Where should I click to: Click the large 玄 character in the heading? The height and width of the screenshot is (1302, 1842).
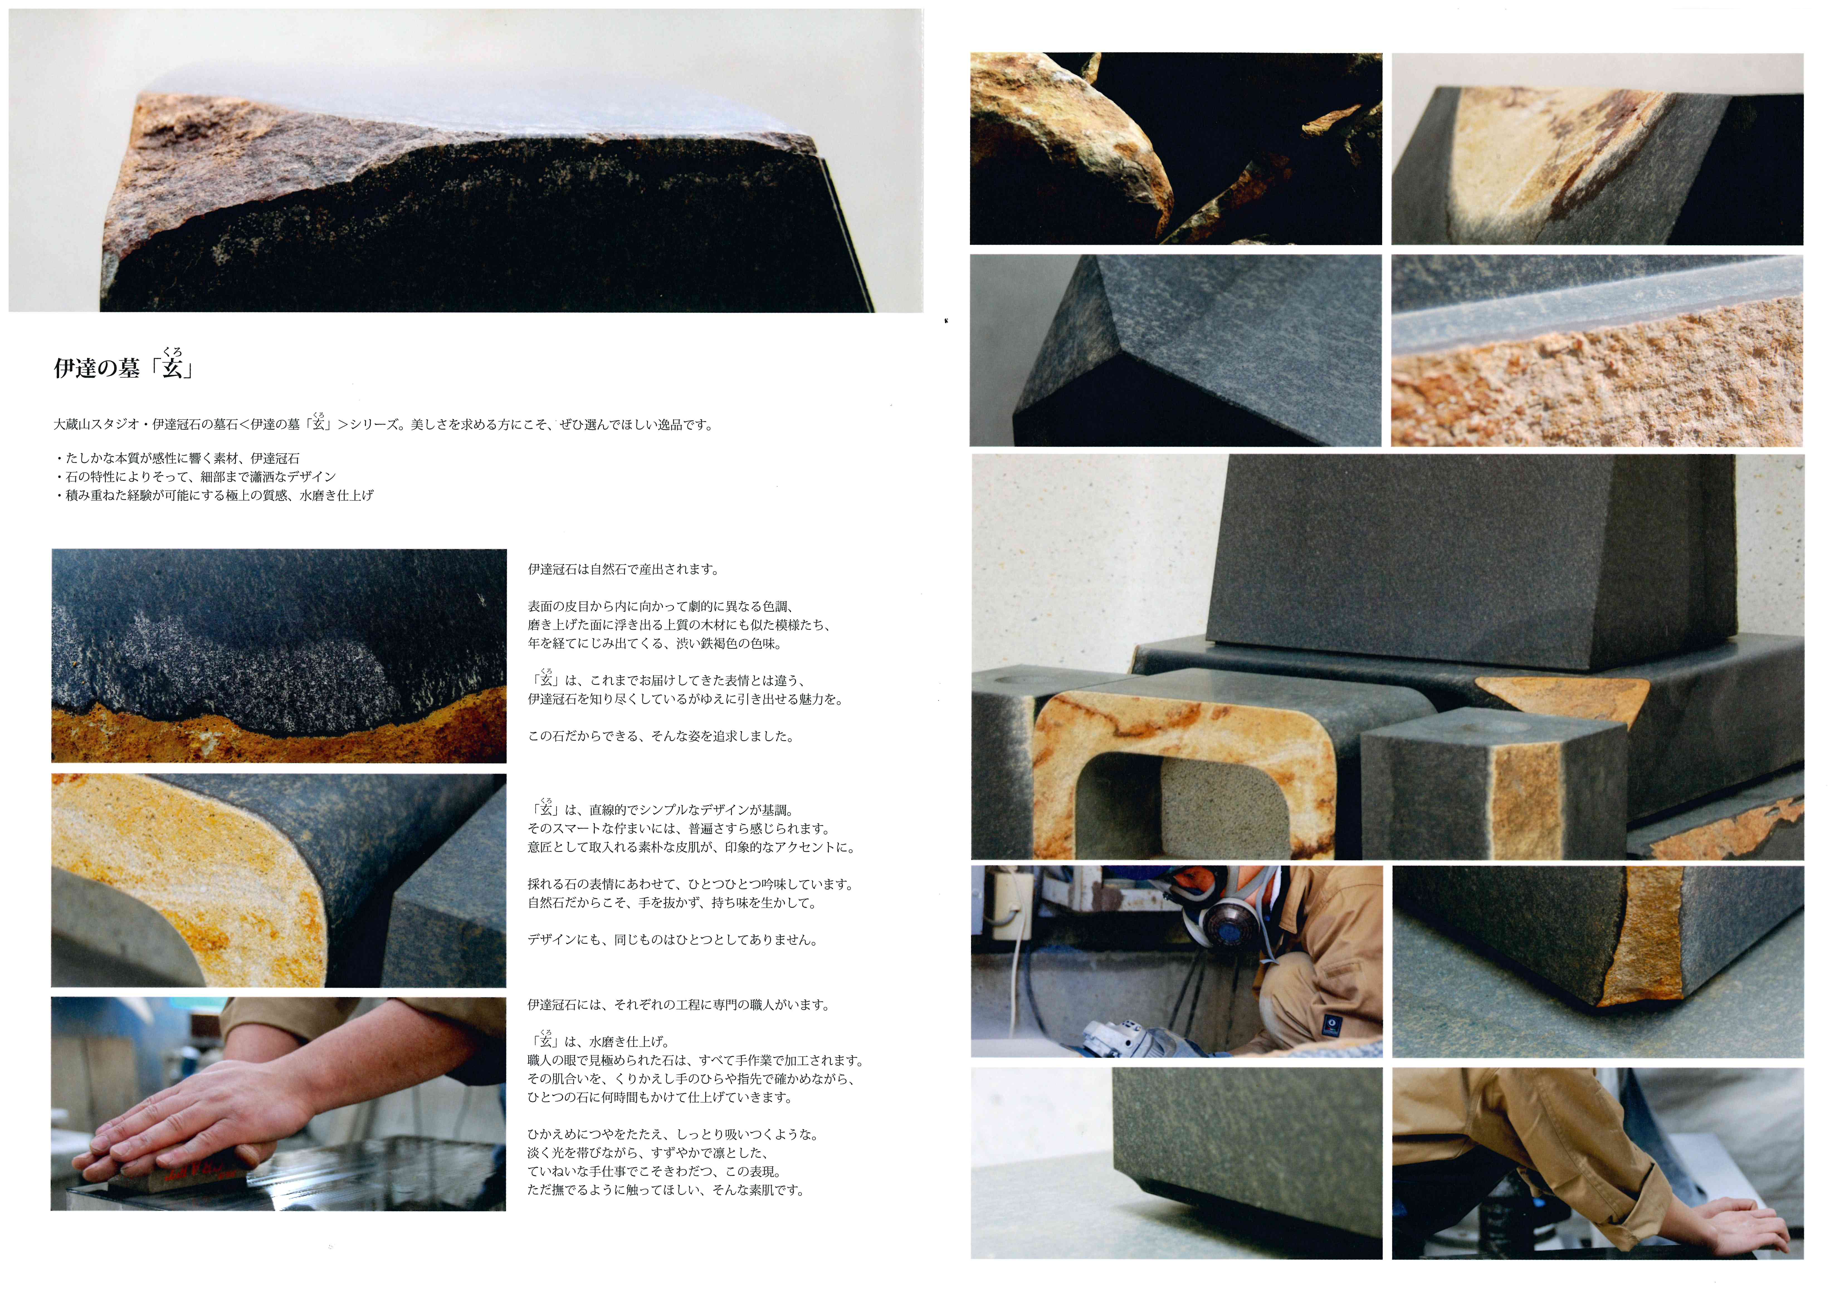point(172,368)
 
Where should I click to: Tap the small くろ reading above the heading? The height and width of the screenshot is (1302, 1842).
point(172,351)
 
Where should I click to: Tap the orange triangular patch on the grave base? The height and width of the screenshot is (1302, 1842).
point(1560,698)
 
